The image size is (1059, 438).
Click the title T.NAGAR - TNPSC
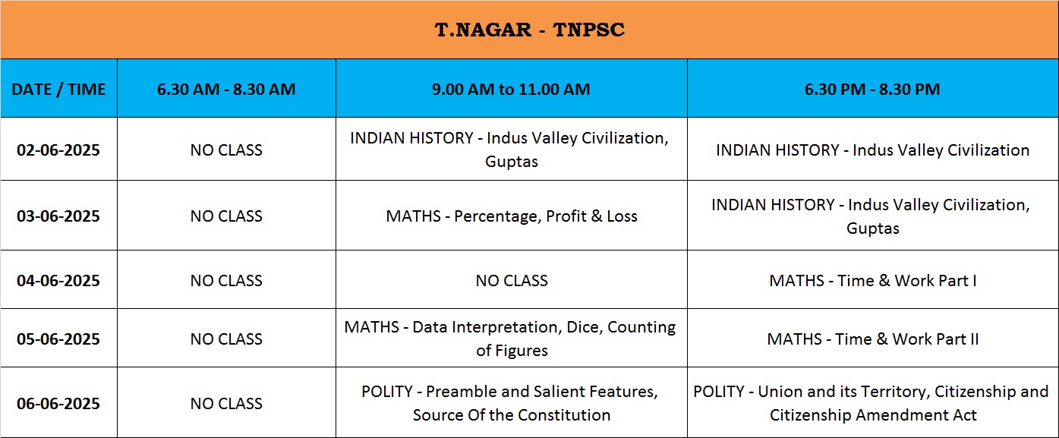[530, 30]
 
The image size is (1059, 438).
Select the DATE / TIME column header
[58, 90]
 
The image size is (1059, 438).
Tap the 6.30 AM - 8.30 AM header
[226, 90]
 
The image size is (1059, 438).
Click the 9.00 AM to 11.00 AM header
[511, 90]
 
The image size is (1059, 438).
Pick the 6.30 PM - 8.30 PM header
[872, 90]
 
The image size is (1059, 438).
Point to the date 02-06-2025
[58, 150]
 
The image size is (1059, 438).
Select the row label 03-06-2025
[58, 216]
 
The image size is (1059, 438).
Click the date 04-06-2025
[58, 281]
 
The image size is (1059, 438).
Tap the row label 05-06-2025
[58, 339]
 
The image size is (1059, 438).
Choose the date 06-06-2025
[58, 404]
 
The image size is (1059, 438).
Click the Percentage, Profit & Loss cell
[512, 216]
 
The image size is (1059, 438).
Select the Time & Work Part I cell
[873, 281]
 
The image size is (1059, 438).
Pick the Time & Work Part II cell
[873, 339]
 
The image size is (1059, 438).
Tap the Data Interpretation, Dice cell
[511, 339]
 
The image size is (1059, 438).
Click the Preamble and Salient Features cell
[511, 403]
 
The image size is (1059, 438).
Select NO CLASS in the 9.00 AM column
[512, 281]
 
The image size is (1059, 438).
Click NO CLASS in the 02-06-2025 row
[226, 150]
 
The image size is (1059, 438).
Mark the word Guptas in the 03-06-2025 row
[873, 228]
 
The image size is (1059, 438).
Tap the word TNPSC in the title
[589, 30]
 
